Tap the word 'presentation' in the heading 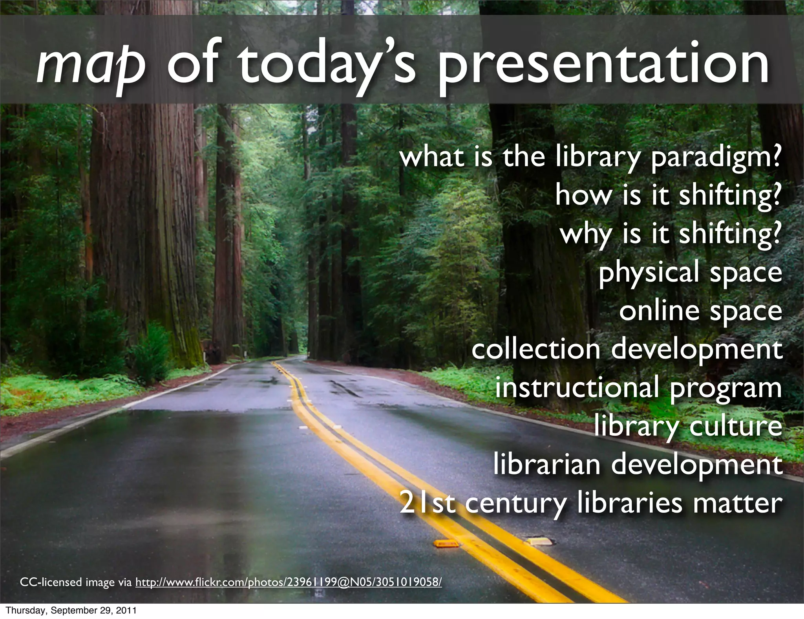603,65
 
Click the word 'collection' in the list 535,349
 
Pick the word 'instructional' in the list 577,388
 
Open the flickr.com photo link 289,582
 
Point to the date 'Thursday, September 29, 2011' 71,611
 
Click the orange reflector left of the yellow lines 445,544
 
